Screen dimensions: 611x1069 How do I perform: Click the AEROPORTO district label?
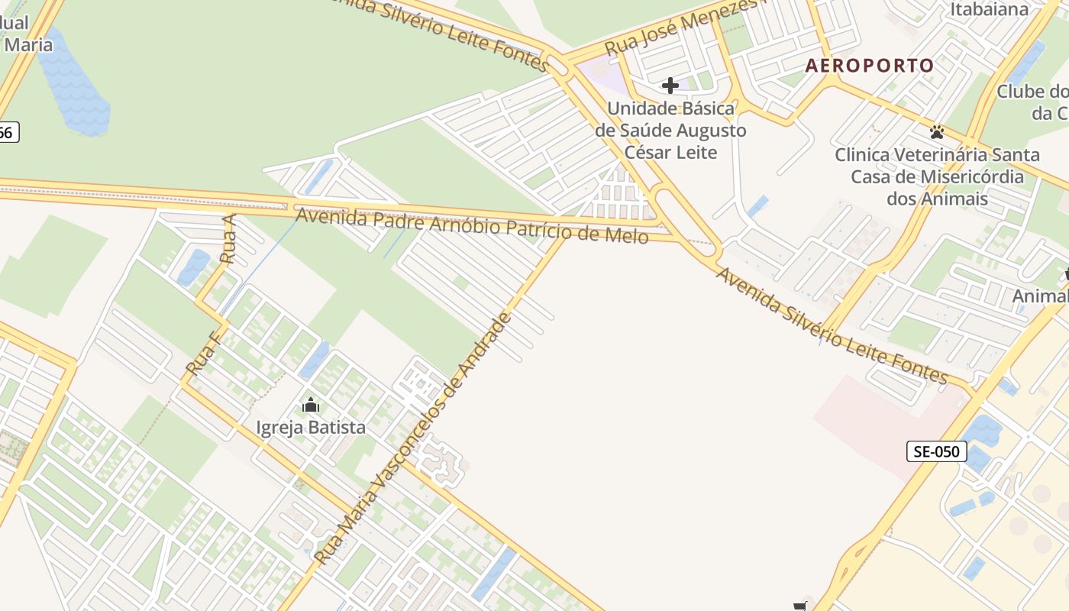[x=870, y=66]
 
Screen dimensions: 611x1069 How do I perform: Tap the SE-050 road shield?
[x=936, y=451]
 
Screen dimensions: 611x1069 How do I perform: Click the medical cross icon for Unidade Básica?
[x=670, y=86]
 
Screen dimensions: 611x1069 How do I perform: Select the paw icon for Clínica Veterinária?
[x=937, y=132]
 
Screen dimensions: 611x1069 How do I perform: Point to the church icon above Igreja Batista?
[x=311, y=405]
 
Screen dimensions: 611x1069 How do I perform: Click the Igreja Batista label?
[x=311, y=428]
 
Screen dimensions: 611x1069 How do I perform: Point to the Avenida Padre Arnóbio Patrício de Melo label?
[x=472, y=225]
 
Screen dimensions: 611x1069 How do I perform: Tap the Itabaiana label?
[x=989, y=10]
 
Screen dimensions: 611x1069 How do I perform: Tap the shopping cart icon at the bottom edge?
[x=799, y=606]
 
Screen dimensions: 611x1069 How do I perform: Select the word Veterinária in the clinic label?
[x=943, y=155]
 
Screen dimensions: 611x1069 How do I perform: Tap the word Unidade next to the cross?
[x=638, y=108]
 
